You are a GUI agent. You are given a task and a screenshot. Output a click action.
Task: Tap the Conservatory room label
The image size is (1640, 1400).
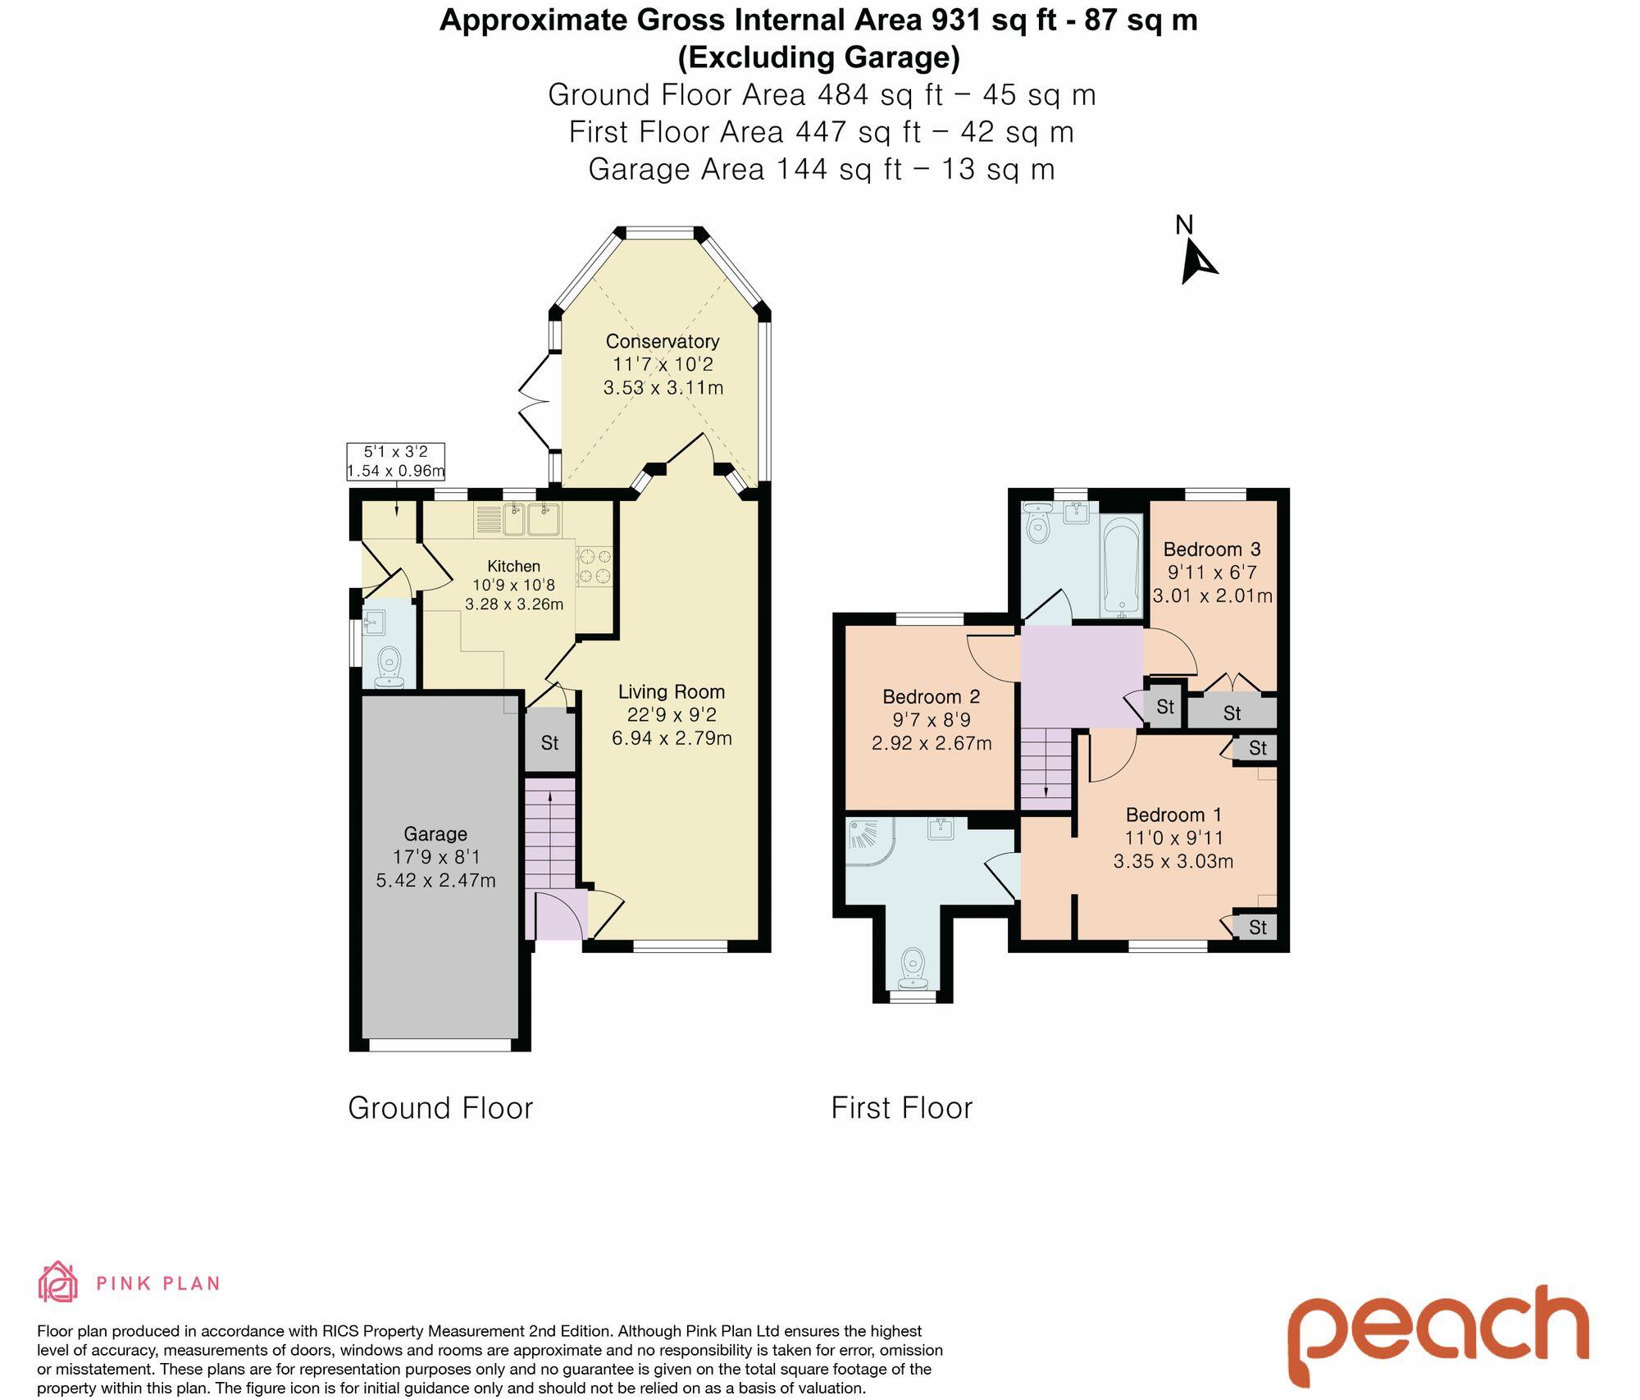663,341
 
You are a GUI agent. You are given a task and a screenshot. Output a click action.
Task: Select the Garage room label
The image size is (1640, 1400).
435,834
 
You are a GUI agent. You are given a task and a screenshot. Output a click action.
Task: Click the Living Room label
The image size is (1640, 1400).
672,692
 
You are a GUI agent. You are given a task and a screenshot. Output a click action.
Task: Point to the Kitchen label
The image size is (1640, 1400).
514,566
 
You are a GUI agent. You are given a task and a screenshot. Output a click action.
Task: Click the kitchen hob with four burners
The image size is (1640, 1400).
595,566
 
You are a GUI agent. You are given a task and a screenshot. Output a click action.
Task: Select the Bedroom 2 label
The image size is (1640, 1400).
932,697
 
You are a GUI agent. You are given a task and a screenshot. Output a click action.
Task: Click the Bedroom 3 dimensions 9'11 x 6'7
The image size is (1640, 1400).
1212,572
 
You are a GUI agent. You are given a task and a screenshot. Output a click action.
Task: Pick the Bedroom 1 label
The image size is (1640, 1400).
1173,815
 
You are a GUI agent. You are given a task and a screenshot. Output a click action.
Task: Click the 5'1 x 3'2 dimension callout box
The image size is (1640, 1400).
396,461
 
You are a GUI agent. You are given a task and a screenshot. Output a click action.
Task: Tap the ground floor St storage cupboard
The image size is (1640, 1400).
550,741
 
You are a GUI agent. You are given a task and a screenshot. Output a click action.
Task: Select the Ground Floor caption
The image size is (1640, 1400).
440,1108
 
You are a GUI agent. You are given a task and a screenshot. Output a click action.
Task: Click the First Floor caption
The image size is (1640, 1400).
902,1108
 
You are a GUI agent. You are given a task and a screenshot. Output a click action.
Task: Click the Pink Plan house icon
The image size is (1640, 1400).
58,1282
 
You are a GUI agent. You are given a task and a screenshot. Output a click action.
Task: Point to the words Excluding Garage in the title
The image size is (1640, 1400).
818,57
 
